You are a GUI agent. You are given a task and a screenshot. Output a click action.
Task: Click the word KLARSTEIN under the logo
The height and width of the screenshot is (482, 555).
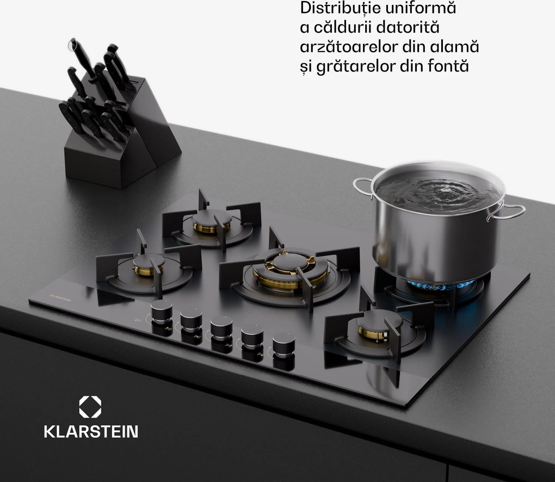[91, 432]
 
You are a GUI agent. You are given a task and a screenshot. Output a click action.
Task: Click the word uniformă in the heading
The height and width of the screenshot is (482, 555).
[424, 9]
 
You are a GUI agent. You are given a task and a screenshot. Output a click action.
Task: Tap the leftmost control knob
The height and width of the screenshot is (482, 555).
[162, 312]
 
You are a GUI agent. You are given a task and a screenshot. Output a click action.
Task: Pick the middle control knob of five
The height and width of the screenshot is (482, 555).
[221, 328]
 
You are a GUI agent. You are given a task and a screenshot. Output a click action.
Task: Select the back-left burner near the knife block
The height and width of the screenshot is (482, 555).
[212, 223]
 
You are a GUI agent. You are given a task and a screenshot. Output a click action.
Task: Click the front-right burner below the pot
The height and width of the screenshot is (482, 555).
[379, 326]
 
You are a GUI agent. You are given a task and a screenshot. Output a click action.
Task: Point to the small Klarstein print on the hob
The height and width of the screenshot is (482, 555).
[60, 298]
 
